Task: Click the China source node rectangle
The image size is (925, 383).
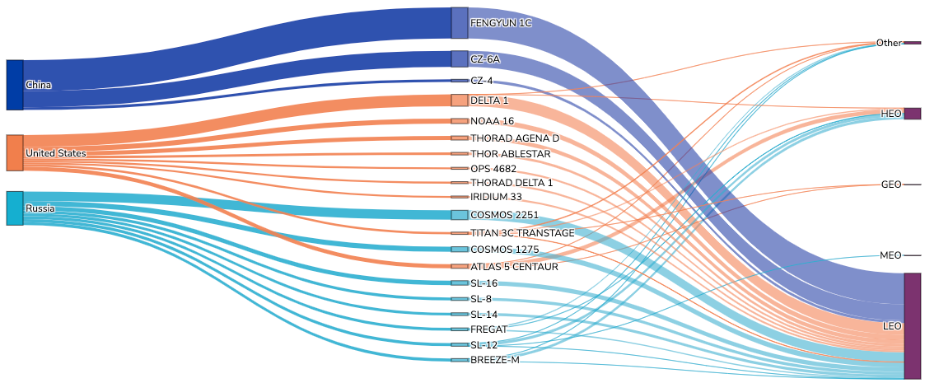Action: pos(15,85)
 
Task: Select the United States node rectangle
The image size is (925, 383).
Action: pos(15,152)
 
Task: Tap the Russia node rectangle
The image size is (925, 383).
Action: pos(15,208)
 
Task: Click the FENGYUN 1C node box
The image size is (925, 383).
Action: pos(460,23)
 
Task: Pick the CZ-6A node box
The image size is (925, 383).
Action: pos(460,58)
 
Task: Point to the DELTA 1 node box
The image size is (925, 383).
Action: pos(460,100)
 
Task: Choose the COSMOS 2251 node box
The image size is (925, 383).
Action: pos(460,215)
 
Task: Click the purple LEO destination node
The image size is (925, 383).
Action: pos(912,326)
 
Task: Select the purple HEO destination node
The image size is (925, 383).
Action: pos(912,114)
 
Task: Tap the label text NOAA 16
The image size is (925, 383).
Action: pos(493,121)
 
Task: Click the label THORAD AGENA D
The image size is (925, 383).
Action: pos(514,138)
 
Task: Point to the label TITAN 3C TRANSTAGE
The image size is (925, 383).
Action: pos(522,233)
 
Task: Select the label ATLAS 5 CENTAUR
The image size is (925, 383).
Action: pos(514,267)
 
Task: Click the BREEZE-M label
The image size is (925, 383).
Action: pos(495,360)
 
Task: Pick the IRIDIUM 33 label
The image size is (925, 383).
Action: pos(496,197)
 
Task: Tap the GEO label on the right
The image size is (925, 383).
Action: pos(891,184)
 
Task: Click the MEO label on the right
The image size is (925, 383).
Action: pos(890,255)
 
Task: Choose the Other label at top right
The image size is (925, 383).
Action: pos(889,43)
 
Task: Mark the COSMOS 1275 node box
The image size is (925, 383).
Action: pos(460,249)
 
